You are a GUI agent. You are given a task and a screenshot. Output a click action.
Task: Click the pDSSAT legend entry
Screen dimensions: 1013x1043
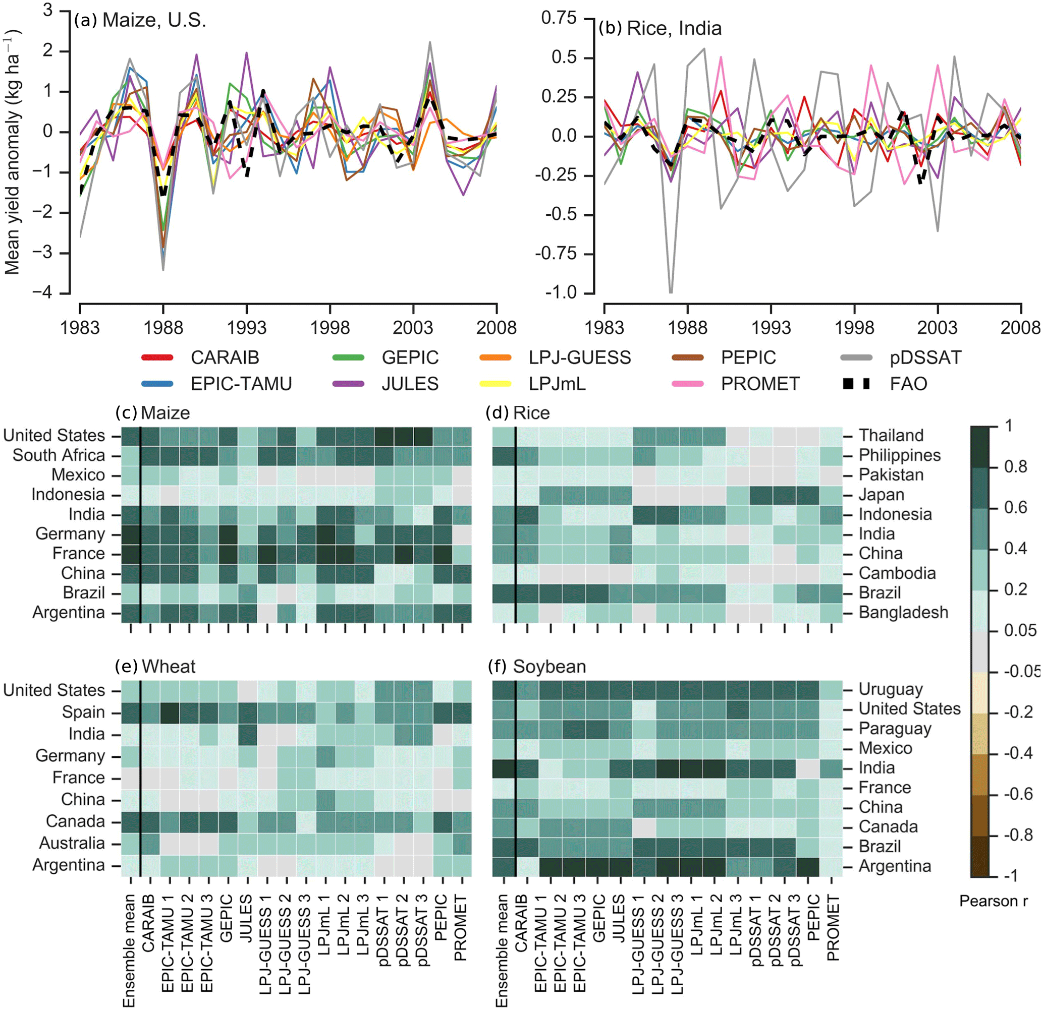pyautogui.click(x=925, y=357)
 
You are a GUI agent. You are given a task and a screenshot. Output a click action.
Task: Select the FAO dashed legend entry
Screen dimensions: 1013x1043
pyautogui.click(x=908, y=384)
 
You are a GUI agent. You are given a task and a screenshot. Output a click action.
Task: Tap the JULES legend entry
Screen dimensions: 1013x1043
pyautogui.click(x=409, y=384)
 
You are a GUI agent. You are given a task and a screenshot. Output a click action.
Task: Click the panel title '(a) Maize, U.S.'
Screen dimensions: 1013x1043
pyautogui.click(x=140, y=20)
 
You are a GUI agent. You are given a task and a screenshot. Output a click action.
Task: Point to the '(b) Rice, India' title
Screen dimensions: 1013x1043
pyautogui.click(x=660, y=28)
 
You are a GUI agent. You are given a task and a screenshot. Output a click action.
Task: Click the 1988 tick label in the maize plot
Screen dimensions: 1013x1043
pyautogui.click(x=163, y=327)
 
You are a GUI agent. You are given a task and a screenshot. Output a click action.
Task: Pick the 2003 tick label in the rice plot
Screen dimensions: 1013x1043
pyautogui.click(x=937, y=327)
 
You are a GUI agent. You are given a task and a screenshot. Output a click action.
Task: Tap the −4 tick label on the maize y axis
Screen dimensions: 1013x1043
pyautogui.click(x=42, y=292)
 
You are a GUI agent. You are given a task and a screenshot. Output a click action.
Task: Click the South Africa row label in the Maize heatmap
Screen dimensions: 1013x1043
pyautogui.click(x=59, y=455)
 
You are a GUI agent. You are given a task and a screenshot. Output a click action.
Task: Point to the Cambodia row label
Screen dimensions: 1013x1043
pyautogui.click(x=897, y=573)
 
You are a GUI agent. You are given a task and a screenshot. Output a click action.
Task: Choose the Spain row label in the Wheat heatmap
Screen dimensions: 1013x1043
pyautogui.click(x=83, y=712)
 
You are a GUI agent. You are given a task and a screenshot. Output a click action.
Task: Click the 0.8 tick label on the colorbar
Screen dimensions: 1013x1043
pyautogui.click(x=1015, y=466)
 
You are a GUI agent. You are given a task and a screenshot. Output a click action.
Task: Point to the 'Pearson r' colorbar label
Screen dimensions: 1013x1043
pyautogui.click(x=993, y=901)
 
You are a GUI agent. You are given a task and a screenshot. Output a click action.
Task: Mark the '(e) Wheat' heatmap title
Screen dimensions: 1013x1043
pyautogui.click(x=155, y=667)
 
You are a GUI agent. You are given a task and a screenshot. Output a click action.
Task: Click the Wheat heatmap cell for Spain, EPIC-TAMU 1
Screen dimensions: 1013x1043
pyautogui.click(x=170, y=712)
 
